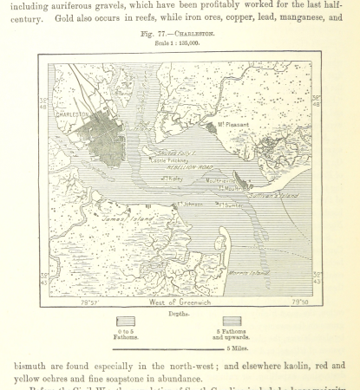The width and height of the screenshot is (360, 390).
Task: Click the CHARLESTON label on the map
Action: (x=72, y=114)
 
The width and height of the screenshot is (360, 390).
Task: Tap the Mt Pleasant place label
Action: (x=233, y=125)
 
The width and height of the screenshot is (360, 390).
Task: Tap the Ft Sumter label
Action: (x=228, y=205)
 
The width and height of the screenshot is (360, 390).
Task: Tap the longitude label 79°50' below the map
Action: (x=299, y=302)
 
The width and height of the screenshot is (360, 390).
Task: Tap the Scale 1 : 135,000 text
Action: (x=180, y=42)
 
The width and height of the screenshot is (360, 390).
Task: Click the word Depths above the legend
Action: (x=180, y=313)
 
